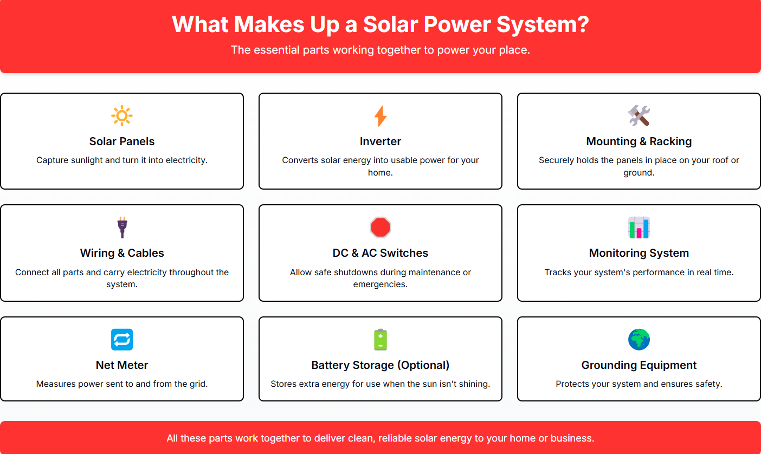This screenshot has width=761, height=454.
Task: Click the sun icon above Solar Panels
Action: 122,116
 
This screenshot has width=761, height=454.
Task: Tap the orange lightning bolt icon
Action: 380,116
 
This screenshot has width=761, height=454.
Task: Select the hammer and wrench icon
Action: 639,116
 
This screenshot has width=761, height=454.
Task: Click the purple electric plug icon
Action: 122,227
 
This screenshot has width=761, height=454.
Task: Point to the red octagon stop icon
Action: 380,227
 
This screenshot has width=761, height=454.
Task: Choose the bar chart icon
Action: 639,228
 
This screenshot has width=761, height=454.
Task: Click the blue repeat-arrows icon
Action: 122,340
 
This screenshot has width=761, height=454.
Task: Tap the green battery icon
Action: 380,340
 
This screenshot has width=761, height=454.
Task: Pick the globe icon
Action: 639,340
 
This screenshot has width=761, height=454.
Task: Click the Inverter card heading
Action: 380,141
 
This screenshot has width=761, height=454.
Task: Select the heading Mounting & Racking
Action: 639,141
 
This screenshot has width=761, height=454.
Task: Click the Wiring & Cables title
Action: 122,253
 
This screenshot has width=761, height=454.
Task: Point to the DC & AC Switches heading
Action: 380,253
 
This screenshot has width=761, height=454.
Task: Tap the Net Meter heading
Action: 122,365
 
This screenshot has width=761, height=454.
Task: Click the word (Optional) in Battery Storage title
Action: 424,365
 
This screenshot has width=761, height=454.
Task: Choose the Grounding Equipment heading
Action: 639,365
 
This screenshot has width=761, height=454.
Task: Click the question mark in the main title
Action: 583,24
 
